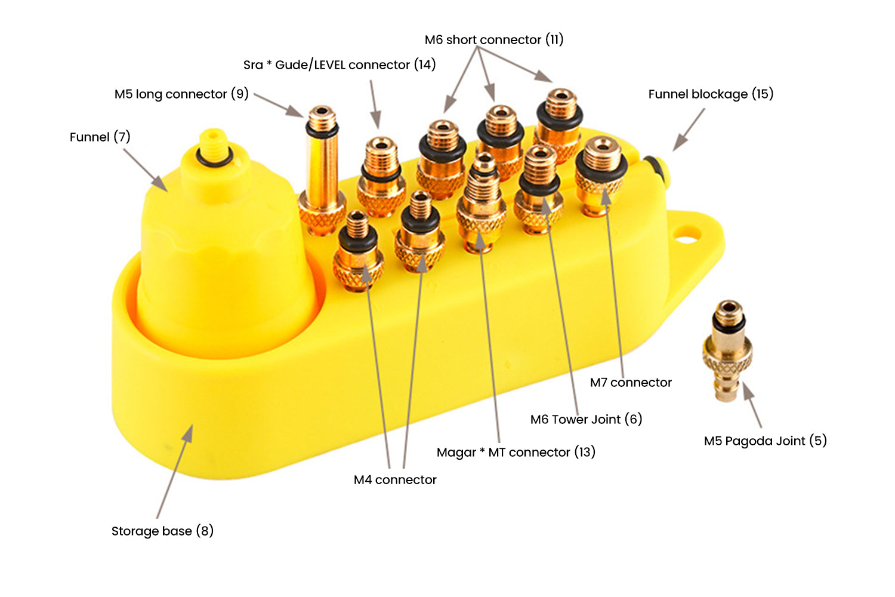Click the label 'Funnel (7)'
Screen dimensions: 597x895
[100, 137]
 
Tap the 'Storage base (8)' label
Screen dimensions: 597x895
[162, 531]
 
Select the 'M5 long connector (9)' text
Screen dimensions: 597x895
[181, 94]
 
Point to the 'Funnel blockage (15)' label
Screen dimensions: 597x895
[711, 94]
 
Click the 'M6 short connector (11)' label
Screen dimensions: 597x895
[494, 40]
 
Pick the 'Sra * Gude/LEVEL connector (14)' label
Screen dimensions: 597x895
[340, 64]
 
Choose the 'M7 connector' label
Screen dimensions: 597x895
[631, 382]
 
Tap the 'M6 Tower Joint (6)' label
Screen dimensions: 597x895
[586, 419]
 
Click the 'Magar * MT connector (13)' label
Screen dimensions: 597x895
[516, 452]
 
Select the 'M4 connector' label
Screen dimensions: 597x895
[395, 479]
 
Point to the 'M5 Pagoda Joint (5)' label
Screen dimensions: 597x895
[765, 441]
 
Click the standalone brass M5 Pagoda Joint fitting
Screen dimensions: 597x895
[727, 352]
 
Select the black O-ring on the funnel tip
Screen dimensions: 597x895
[213, 156]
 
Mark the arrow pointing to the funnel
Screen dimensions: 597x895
[146, 170]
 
